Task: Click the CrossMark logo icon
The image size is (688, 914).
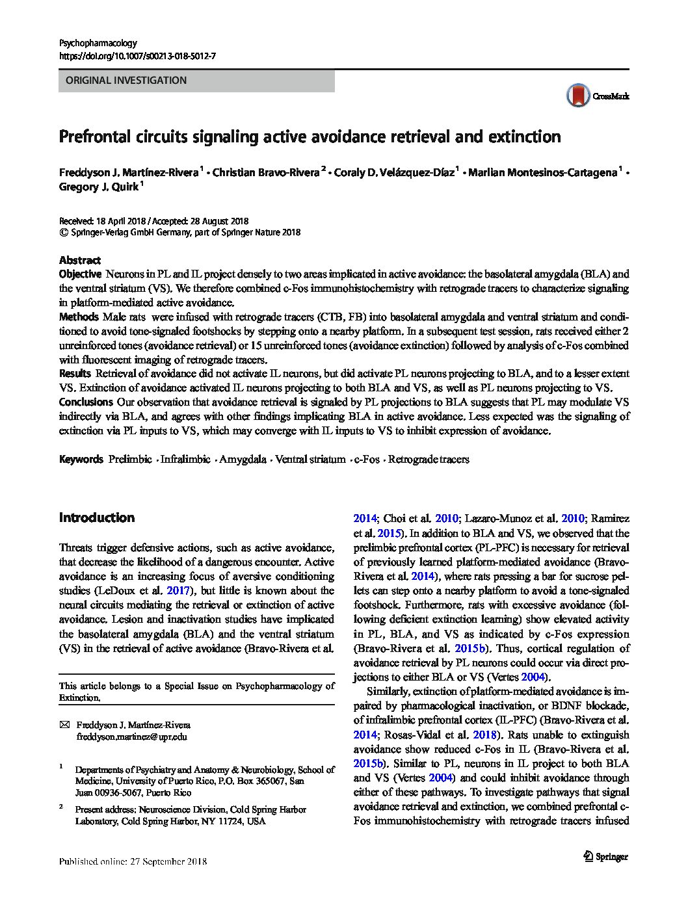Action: click(577, 96)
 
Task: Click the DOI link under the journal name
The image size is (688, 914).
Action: click(137, 57)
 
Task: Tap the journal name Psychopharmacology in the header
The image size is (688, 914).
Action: click(98, 43)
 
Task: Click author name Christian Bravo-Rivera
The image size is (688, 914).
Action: click(265, 172)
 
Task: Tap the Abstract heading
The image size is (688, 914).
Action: click(80, 260)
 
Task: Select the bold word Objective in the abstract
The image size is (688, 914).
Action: click(80, 274)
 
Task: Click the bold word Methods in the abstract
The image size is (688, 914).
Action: click(78, 317)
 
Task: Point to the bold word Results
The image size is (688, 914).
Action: click(75, 374)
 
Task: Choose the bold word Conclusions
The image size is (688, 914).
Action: click(86, 402)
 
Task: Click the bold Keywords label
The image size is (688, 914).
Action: click(81, 460)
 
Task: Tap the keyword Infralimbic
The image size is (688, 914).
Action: click(185, 460)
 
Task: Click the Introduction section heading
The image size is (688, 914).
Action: click(97, 517)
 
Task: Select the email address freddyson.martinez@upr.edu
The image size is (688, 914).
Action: click(131, 737)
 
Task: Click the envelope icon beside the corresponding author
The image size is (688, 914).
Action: click(64, 724)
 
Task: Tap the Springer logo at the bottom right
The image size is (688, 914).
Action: click(606, 856)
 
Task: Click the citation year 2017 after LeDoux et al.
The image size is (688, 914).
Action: click(179, 591)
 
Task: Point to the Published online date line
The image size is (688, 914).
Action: click(133, 862)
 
